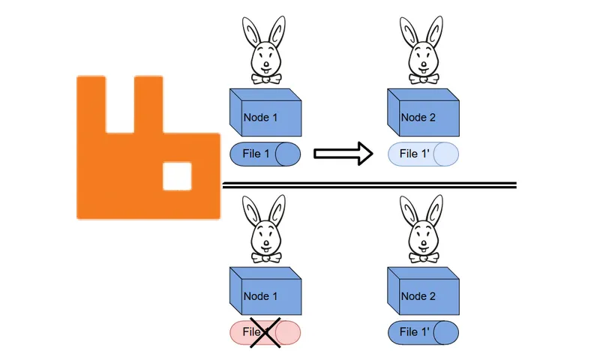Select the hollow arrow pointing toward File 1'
(342, 154)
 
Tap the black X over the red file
(265, 332)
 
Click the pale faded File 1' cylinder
(423, 154)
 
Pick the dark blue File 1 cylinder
(265, 154)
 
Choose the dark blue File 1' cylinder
(423, 332)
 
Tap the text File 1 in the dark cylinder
(256, 154)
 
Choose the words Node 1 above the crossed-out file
(259, 296)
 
